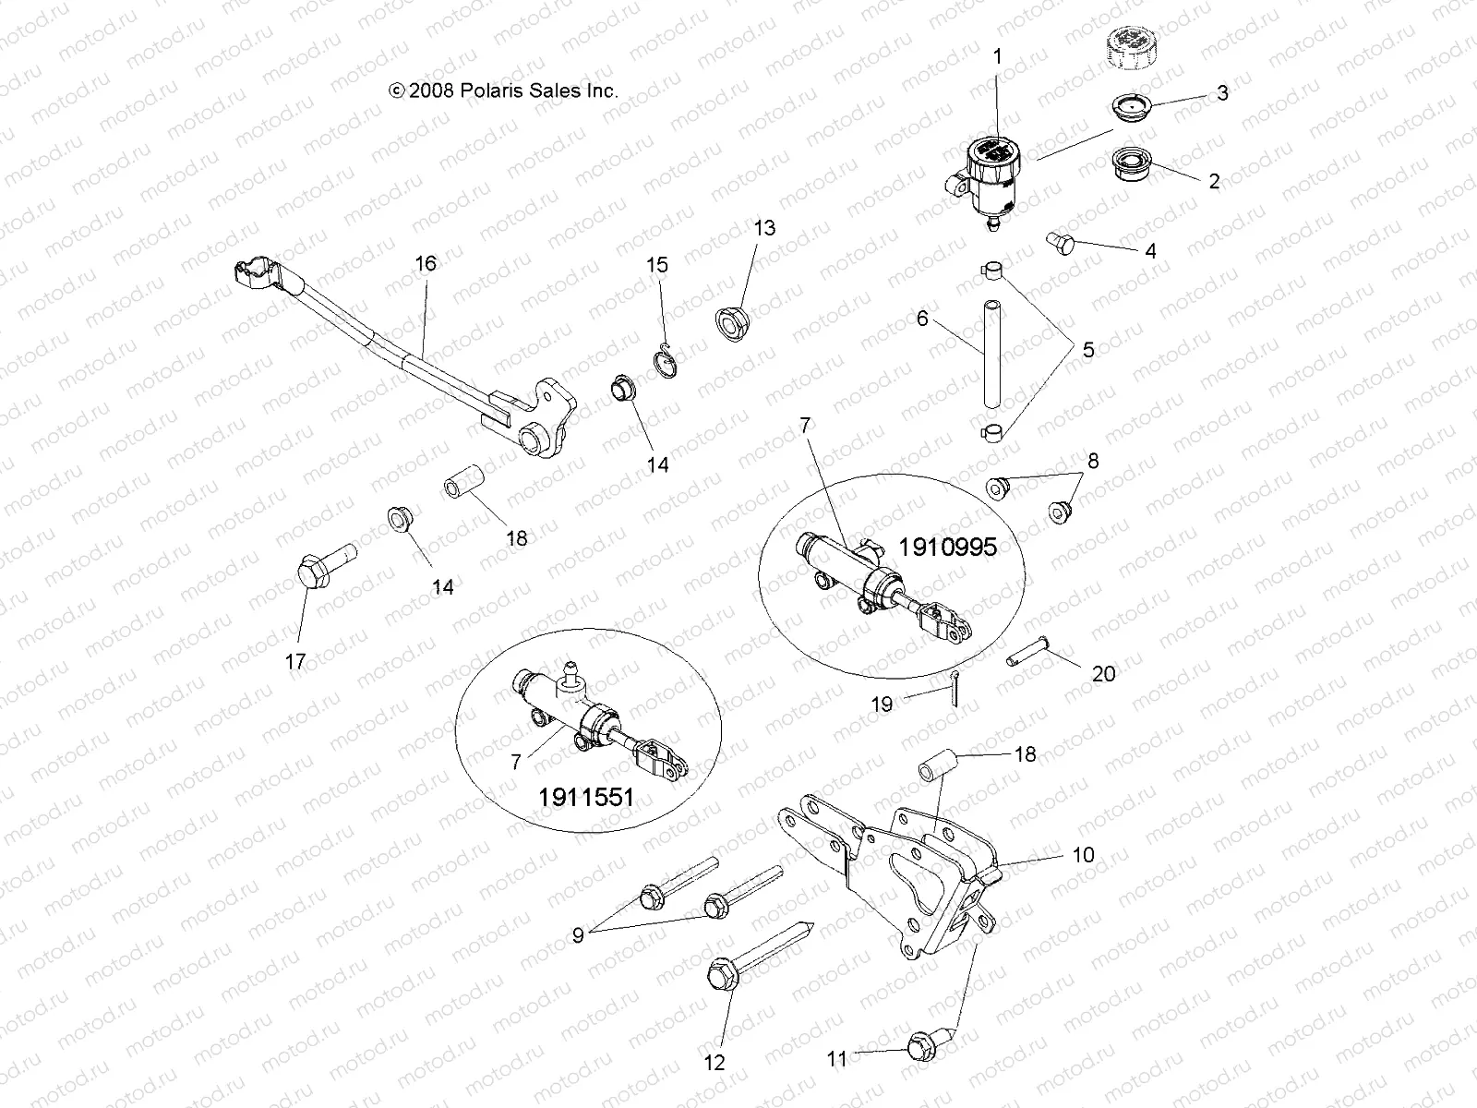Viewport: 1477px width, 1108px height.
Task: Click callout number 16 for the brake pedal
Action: tap(425, 263)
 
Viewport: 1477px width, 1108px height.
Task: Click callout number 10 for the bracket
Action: tap(1083, 855)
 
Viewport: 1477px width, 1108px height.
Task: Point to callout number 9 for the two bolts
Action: tap(578, 934)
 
